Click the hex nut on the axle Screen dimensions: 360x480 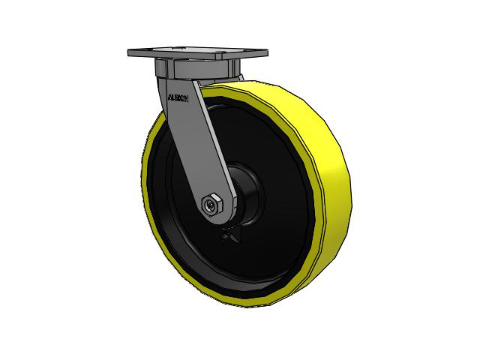click(x=212, y=203)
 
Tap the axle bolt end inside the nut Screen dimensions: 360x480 click(x=211, y=203)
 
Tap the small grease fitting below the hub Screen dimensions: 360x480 click(x=227, y=238)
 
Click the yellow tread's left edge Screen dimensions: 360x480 click(x=144, y=172)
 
